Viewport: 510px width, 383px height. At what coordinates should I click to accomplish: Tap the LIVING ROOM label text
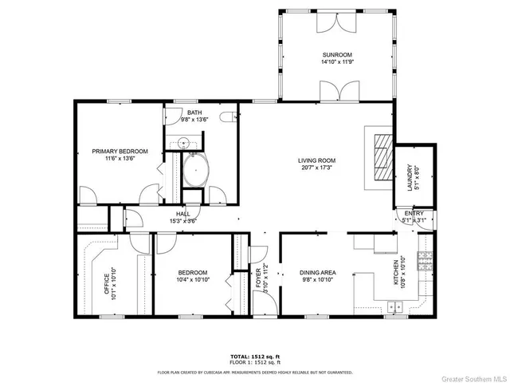pyautogui.click(x=316, y=160)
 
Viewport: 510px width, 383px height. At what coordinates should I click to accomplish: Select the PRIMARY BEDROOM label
pyautogui.click(x=113, y=151)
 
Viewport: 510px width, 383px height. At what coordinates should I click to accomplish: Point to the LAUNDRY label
pyautogui.click(x=409, y=175)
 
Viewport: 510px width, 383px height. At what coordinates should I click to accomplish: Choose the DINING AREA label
pyautogui.click(x=316, y=272)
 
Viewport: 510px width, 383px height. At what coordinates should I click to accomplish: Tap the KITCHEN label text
pyautogui.click(x=395, y=272)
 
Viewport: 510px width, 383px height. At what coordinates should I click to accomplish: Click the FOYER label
pyautogui.click(x=258, y=279)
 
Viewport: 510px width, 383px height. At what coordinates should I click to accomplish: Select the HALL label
pyautogui.click(x=182, y=214)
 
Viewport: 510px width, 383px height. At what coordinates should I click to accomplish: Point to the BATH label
pyautogui.click(x=194, y=113)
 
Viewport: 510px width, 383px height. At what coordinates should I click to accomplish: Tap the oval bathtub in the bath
pyautogui.click(x=196, y=170)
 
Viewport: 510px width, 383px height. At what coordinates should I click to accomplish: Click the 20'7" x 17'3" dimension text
pyautogui.click(x=316, y=168)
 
